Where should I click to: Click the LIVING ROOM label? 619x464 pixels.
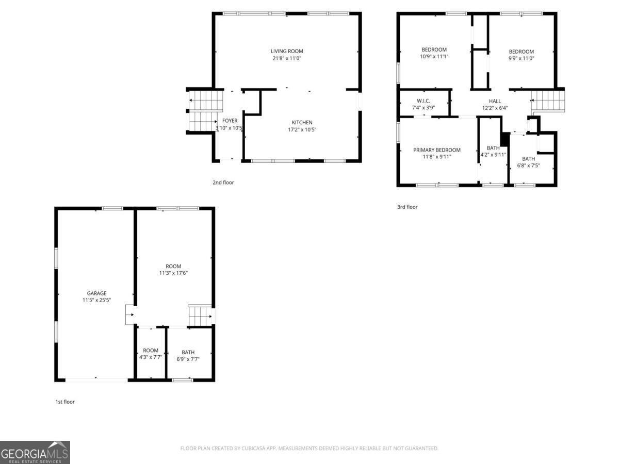(x=287, y=51)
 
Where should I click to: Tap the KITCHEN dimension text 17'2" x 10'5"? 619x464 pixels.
(x=302, y=129)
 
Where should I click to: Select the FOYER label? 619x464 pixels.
(x=230, y=121)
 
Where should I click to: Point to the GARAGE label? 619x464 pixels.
(x=96, y=293)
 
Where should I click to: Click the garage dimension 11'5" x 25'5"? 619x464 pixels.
(x=96, y=300)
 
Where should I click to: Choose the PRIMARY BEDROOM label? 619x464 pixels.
(x=436, y=150)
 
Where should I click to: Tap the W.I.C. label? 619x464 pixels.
(x=423, y=101)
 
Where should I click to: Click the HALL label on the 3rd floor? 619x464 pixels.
(x=495, y=101)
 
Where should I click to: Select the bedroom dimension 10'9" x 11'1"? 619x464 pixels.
(x=434, y=56)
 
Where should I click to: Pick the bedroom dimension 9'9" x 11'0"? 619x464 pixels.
(x=521, y=58)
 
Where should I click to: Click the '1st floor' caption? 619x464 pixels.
(x=65, y=402)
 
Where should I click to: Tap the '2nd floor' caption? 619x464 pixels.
(x=223, y=183)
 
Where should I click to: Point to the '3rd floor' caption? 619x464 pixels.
(x=407, y=207)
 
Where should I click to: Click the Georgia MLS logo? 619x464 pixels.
(x=35, y=452)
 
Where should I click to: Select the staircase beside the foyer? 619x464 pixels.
(x=205, y=110)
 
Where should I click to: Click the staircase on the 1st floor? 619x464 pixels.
(x=200, y=315)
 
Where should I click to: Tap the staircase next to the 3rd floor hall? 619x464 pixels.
(x=548, y=100)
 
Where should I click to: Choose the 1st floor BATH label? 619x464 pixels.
(x=188, y=353)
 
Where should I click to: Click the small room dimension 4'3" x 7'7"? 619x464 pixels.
(x=151, y=357)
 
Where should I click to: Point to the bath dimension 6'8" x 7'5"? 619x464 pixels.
(x=528, y=165)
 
